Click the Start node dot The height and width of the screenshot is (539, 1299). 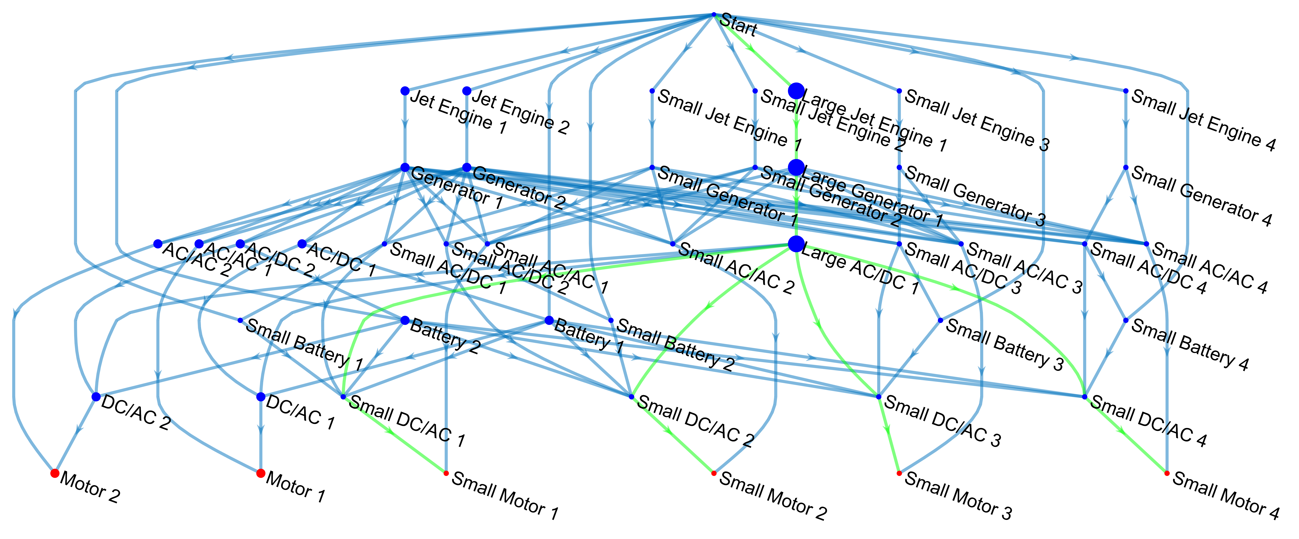(x=714, y=15)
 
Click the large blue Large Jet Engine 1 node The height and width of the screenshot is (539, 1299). (x=796, y=91)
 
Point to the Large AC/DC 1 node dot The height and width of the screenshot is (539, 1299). (x=796, y=244)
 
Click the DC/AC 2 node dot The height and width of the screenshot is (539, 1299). (x=96, y=397)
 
